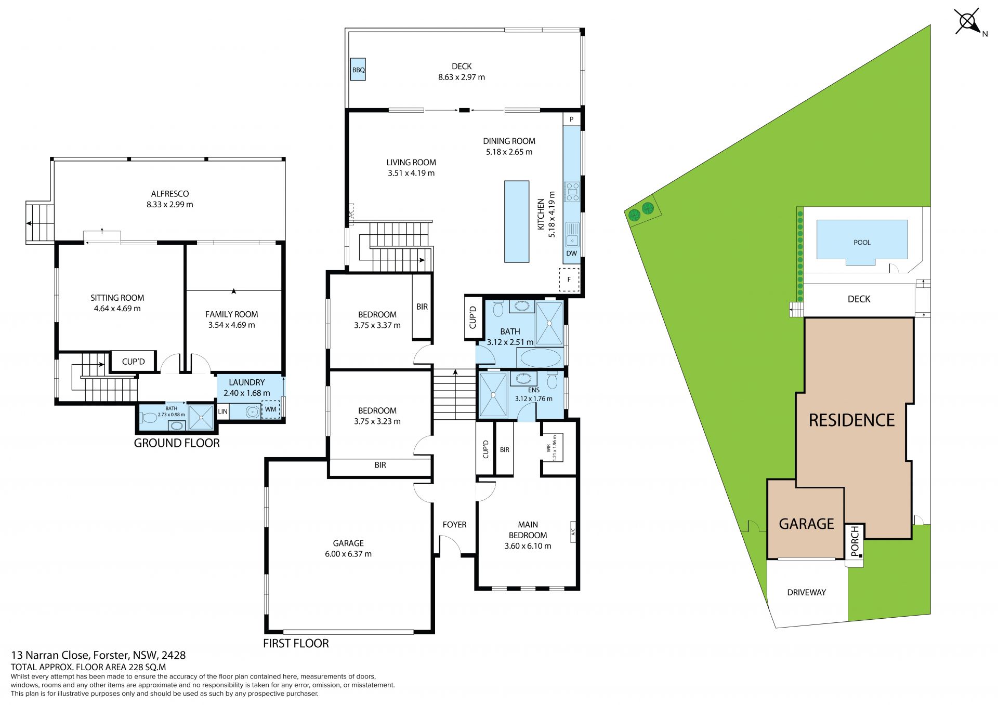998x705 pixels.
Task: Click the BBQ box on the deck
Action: point(358,69)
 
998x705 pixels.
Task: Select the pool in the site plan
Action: point(862,242)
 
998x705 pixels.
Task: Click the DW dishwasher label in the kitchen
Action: point(572,254)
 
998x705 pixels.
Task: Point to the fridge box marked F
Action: point(569,280)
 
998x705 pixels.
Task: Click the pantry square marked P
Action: point(572,119)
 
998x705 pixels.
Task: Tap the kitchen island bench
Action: point(517,221)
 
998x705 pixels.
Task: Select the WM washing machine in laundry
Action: point(271,409)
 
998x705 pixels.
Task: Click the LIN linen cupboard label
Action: point(223,411)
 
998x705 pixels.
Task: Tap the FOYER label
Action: point(454,525)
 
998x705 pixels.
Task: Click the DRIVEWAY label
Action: point(806,592)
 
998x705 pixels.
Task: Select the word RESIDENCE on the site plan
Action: point(852,420)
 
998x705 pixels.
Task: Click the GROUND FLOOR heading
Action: point(177,443)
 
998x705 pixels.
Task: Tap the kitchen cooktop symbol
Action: point(572,191)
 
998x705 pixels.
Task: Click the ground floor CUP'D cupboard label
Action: point(134,362)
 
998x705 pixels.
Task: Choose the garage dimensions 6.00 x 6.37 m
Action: point(348,554)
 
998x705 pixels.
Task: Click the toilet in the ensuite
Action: point(553,381)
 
